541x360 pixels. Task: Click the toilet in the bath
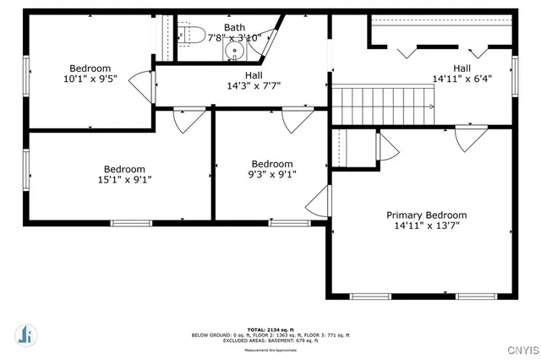pyautogui.click(x=183, y=35)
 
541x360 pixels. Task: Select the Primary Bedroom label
pyautogui.click(x=426, y=215)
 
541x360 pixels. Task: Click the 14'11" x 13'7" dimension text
pyautogui.click(x=426, y=226)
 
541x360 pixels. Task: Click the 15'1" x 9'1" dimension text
pyautogui.click(x=124, y=179)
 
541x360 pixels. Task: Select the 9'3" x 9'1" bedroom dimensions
pyautogui.click(x=271, y=175)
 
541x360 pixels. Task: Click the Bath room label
pyautogui.click(x=235, y=28)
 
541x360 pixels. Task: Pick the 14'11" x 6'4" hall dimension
pyautogui.click(x=462, y=79)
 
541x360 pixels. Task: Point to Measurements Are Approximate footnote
pyautogui.click(x=270, y=349)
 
